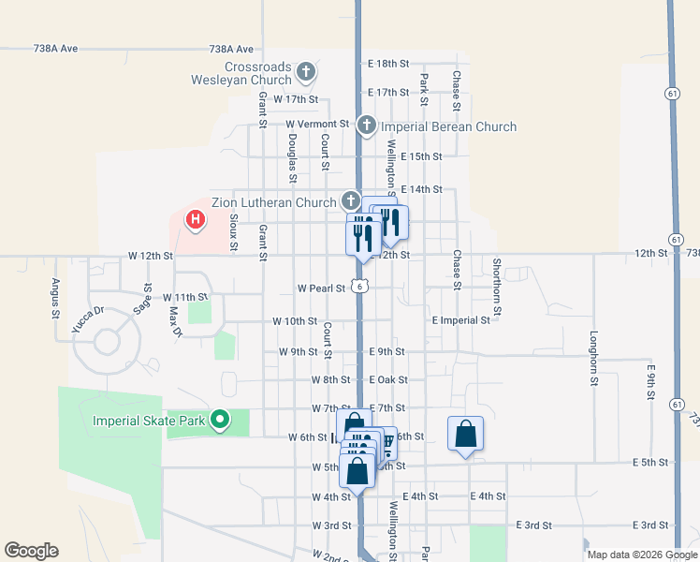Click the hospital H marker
[x=196, y=220]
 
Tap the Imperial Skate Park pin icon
[x=220, y=419]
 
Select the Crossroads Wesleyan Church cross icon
[x=306, y=71]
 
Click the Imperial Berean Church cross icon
[x=366, y=125]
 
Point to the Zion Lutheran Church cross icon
[x=350, y=200]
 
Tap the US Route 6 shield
[x=359, y=286]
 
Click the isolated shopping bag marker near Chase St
[x=465, y=435]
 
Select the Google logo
[x=31, y=551]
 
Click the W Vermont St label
[x=316, y=124]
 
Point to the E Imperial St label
[x=461, y=320]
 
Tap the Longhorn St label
[x=593, y=358]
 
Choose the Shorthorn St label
[x=497, y=287]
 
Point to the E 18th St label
[x=389, y=64]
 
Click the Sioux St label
[x=234, y=233]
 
